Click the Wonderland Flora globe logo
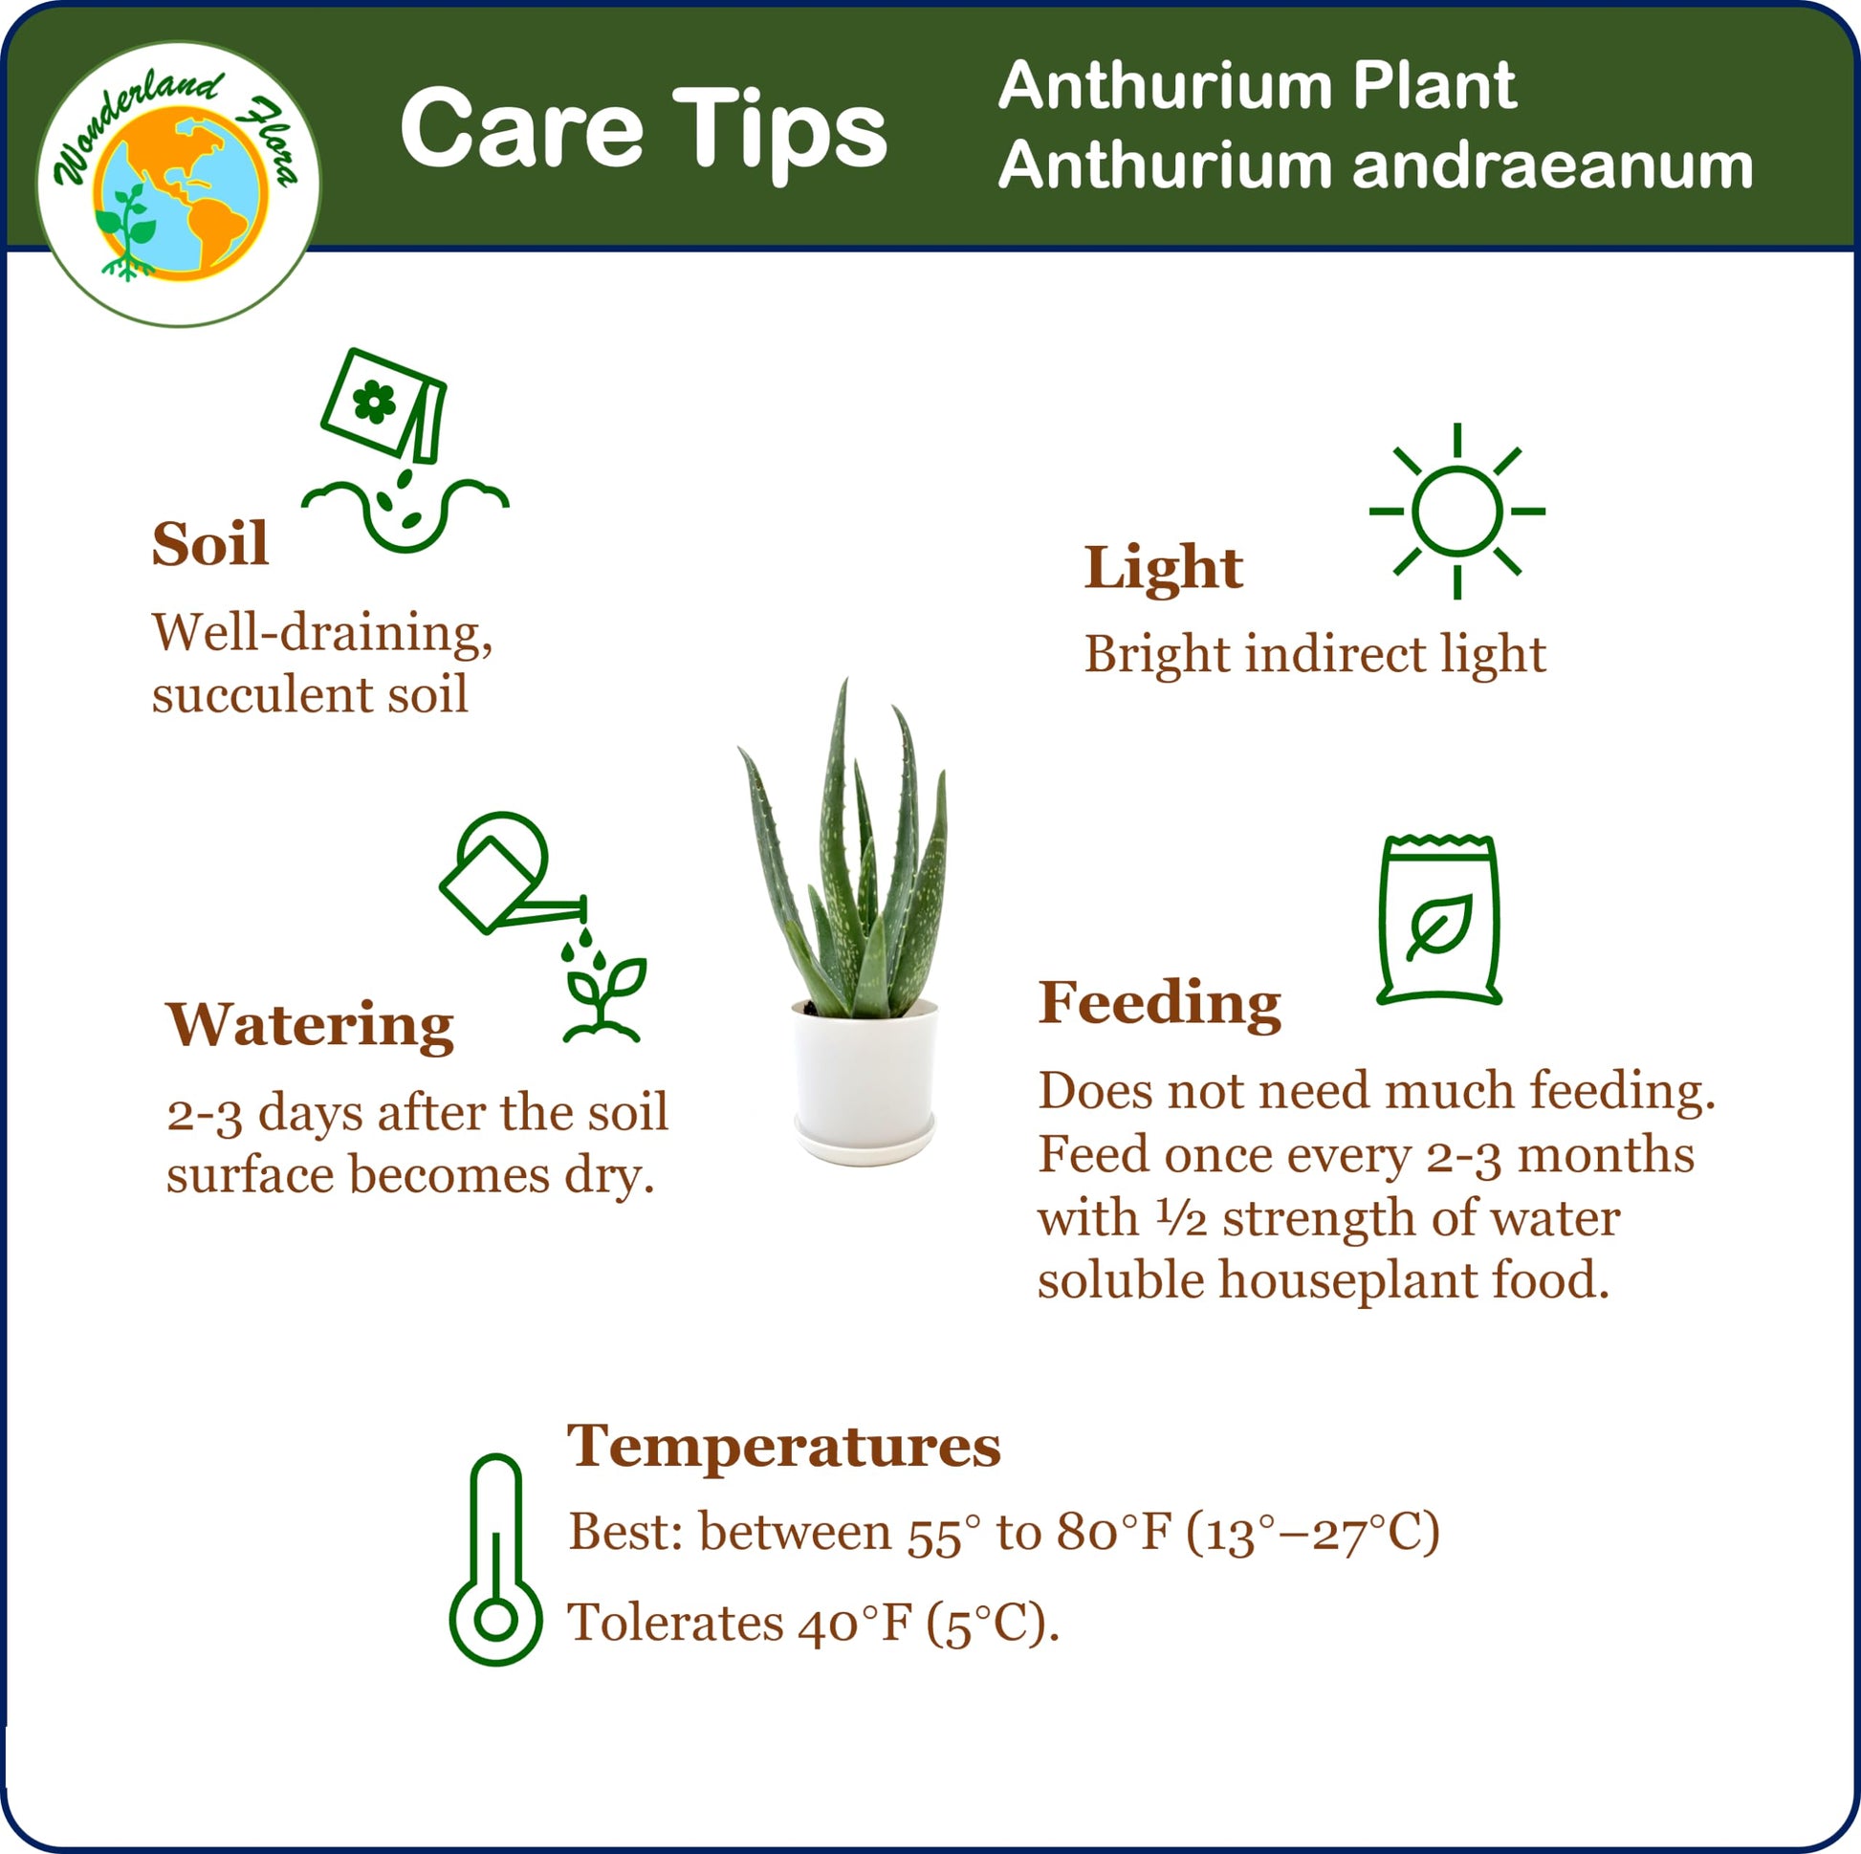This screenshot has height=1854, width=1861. pos(179,183)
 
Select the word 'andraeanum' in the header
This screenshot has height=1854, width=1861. pos(1553,166)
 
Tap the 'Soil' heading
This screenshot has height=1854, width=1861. pos(210,544)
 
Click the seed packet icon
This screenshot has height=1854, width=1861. pos(383,405)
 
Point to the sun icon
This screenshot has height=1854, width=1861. pos(1457,512)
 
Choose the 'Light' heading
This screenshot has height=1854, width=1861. pos(1164,568)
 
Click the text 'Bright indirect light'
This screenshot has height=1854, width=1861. pos(1316,655)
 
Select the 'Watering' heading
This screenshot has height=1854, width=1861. pos(310,1026)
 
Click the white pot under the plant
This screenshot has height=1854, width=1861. pos(865,1082)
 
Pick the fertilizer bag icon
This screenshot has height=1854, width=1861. pos(1439,920)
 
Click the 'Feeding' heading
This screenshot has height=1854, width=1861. pos(1160,1004)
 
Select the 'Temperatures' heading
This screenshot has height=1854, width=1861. pos(784,1447)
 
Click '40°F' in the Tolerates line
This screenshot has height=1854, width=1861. pos(854,1624)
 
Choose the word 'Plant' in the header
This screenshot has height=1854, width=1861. pos(1434,87)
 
